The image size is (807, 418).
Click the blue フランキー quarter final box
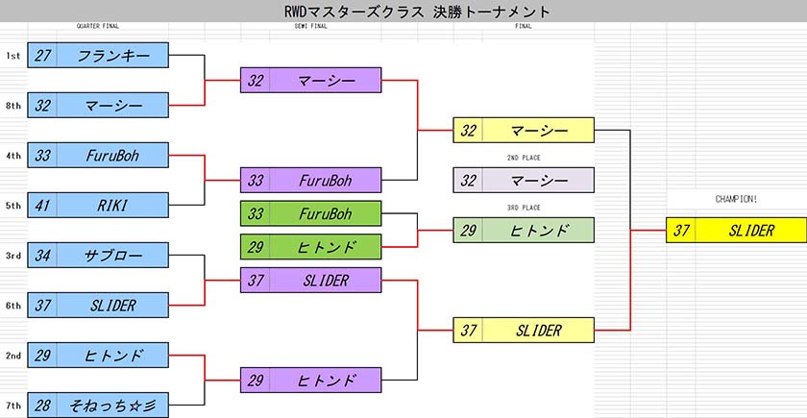click(x=98, y=55)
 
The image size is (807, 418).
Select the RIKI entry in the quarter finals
click(x=98, y=206)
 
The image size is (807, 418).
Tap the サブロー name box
click(x=98, y=256)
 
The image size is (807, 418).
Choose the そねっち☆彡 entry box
click(x=98, y=406)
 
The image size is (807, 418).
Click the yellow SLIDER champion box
click(x=737, y=230)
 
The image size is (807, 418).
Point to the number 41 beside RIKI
click(x=42, y=206)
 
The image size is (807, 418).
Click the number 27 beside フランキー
click(x=42, y=56)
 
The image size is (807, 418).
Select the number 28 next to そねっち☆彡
click(x=42, y=406)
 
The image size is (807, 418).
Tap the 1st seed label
click(x=13, y=56)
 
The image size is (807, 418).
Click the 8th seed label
click(x=13, y=106)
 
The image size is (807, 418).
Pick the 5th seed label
click(x=13, y=206)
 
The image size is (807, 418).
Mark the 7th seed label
click(x=13, y=406)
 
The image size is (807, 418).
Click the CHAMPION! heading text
click(x=737, y=200)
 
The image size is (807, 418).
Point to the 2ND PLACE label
click(x=524, y=158)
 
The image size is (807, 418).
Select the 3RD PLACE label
click(x=524, y=208)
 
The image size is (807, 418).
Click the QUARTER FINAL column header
click(x=98, y=26)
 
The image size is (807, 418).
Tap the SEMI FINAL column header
click(x=311, y=26)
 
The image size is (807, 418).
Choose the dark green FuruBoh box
click(x=311, y=213)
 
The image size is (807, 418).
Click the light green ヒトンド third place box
click(x=524, y=230)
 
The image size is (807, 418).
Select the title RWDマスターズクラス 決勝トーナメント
click(x=417, y=12)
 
